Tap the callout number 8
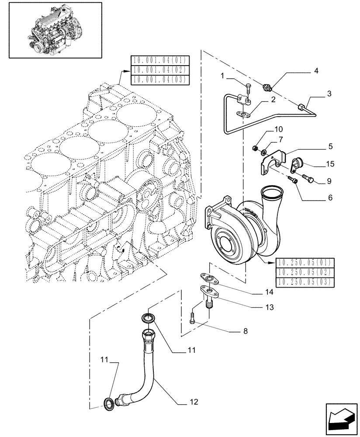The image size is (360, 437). [245, 331]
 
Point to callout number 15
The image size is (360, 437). [330, 164]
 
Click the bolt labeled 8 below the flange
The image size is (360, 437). [193, 319]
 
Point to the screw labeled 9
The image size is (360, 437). [306, 179]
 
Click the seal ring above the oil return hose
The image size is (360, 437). [148, 317]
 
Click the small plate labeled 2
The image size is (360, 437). [242, 114]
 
